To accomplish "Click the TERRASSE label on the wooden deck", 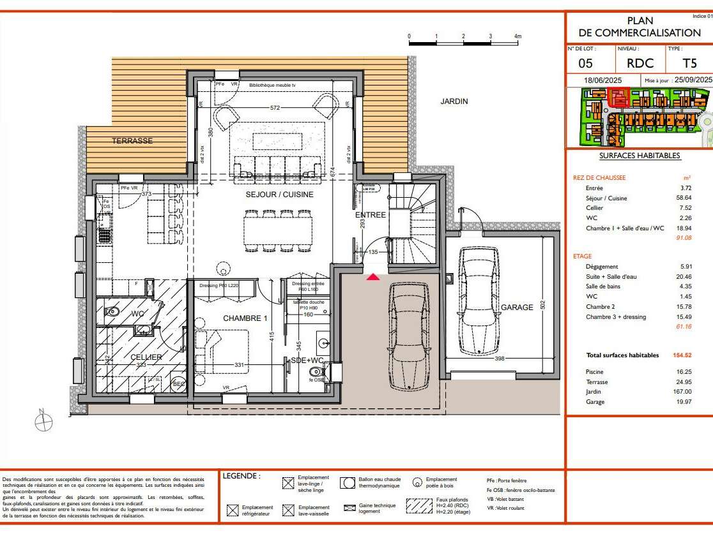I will [132, 141].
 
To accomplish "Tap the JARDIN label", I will [454, 101].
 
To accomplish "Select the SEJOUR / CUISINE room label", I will [280, 195].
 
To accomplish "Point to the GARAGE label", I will [516, 308].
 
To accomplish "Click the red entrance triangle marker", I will [373, 276].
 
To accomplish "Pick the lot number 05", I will [585, 63].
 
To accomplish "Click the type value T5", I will [689, 63].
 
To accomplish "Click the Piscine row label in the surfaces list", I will [595, 371].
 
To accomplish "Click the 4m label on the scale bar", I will [518, 36].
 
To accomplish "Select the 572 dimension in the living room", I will [275, 108].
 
